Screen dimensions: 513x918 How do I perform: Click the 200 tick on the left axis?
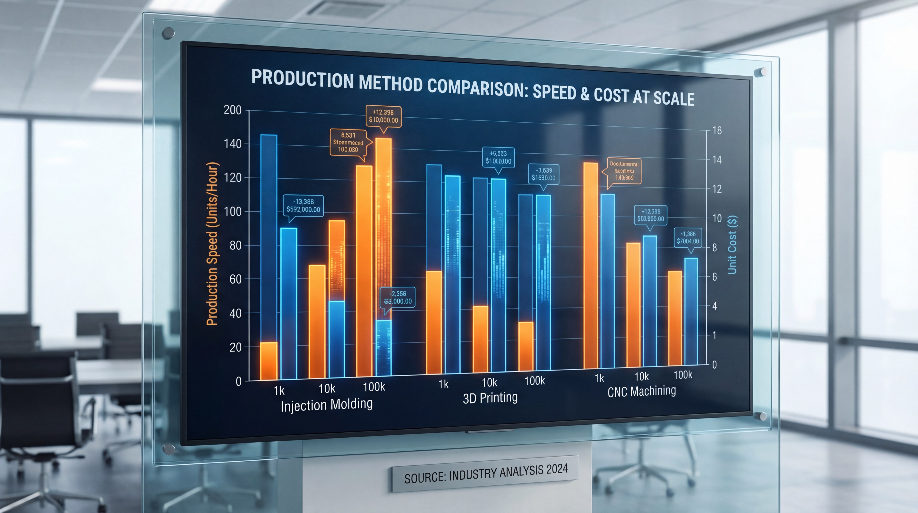tap(232, 110)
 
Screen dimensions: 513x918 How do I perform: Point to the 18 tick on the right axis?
tap(717, 131)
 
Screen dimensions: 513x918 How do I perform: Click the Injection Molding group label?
tap(326, 405)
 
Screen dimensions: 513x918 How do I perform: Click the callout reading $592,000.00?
tap(303, 206)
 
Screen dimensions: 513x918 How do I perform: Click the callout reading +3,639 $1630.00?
tap(543, 174)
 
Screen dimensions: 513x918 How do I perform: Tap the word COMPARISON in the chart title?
tap(478, 87)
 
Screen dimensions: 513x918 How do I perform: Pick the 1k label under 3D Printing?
tap(443, 384)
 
